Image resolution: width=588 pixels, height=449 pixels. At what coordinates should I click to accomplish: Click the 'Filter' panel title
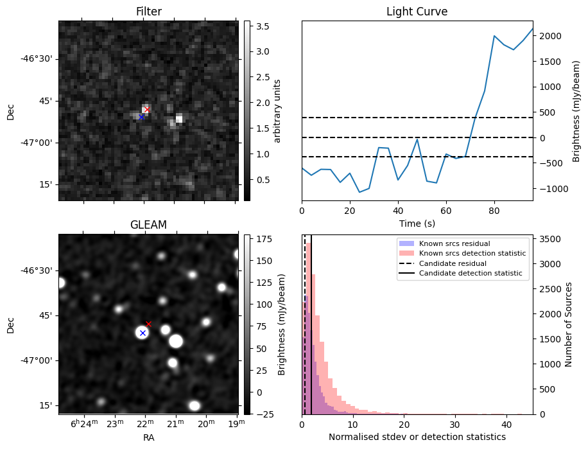point(149,12)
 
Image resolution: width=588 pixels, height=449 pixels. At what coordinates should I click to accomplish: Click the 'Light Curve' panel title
point(417,12)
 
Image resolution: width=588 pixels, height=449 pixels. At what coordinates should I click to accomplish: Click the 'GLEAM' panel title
point(149,225)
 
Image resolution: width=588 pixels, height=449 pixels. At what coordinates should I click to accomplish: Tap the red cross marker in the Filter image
point(147,110)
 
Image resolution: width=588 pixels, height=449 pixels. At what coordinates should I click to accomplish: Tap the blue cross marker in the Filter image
point(141,117)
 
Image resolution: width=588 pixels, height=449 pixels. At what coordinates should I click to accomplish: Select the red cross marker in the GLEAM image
point(148,324)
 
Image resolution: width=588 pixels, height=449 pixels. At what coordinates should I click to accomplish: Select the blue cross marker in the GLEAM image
point(143,333)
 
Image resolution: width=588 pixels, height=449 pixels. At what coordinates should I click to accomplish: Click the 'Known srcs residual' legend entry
point(454,244)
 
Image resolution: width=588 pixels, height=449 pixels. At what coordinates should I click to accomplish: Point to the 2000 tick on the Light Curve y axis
point(549,36)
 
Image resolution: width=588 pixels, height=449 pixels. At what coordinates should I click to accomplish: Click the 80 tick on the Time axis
point(494,209)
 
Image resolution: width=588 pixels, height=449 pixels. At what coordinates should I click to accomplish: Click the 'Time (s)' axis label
point(417,222)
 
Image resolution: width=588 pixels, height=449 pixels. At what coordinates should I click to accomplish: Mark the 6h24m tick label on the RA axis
point(84,423)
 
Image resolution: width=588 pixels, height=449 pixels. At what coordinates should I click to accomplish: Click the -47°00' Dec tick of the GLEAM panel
point(39,360)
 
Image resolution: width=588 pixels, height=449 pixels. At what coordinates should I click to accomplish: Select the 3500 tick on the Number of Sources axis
point(549,239)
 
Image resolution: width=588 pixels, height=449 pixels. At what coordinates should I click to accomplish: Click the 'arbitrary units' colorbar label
point(277,110)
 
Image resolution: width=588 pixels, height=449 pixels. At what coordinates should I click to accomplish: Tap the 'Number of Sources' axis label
point(568,324)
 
